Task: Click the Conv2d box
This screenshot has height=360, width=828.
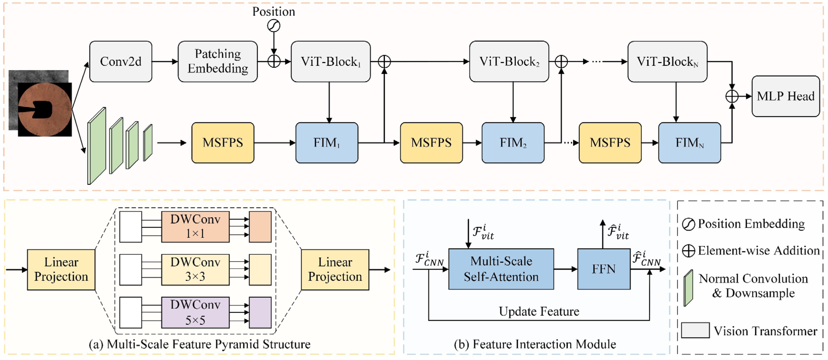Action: click(x=121, y=61)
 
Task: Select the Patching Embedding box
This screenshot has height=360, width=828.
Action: click(x=218, y=61)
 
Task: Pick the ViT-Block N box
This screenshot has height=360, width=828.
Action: click(x=667, y=61)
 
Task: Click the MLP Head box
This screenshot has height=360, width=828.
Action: click(x=785, y=96)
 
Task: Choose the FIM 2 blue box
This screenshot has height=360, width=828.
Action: click(x=513, y=143)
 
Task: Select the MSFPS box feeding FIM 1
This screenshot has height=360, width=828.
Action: click(x=223, y=143)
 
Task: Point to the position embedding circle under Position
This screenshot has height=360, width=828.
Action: click(x=274, y=26)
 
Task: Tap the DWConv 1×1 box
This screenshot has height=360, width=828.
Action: click(x=195, y=227)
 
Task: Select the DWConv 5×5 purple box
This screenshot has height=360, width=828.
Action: click(x=195, y=312)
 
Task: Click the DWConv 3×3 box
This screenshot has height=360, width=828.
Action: click(x=195, y=270)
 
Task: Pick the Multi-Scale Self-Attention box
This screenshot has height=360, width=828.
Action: click(x=501, y=269)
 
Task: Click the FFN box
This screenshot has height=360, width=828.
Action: click(x=604, y=269)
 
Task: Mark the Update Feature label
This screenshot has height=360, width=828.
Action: click(x=539, y=311)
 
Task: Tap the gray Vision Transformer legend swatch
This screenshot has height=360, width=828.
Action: click(x=695, y=330)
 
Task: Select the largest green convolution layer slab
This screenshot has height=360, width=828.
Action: click(x=97, y=146)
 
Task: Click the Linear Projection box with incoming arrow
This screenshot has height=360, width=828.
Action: click(x=61, y=270)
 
